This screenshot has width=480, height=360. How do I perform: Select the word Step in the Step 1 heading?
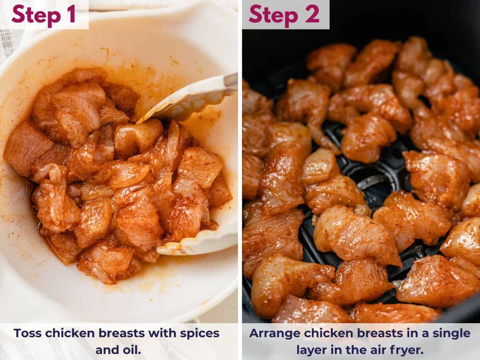click(34, 14)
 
